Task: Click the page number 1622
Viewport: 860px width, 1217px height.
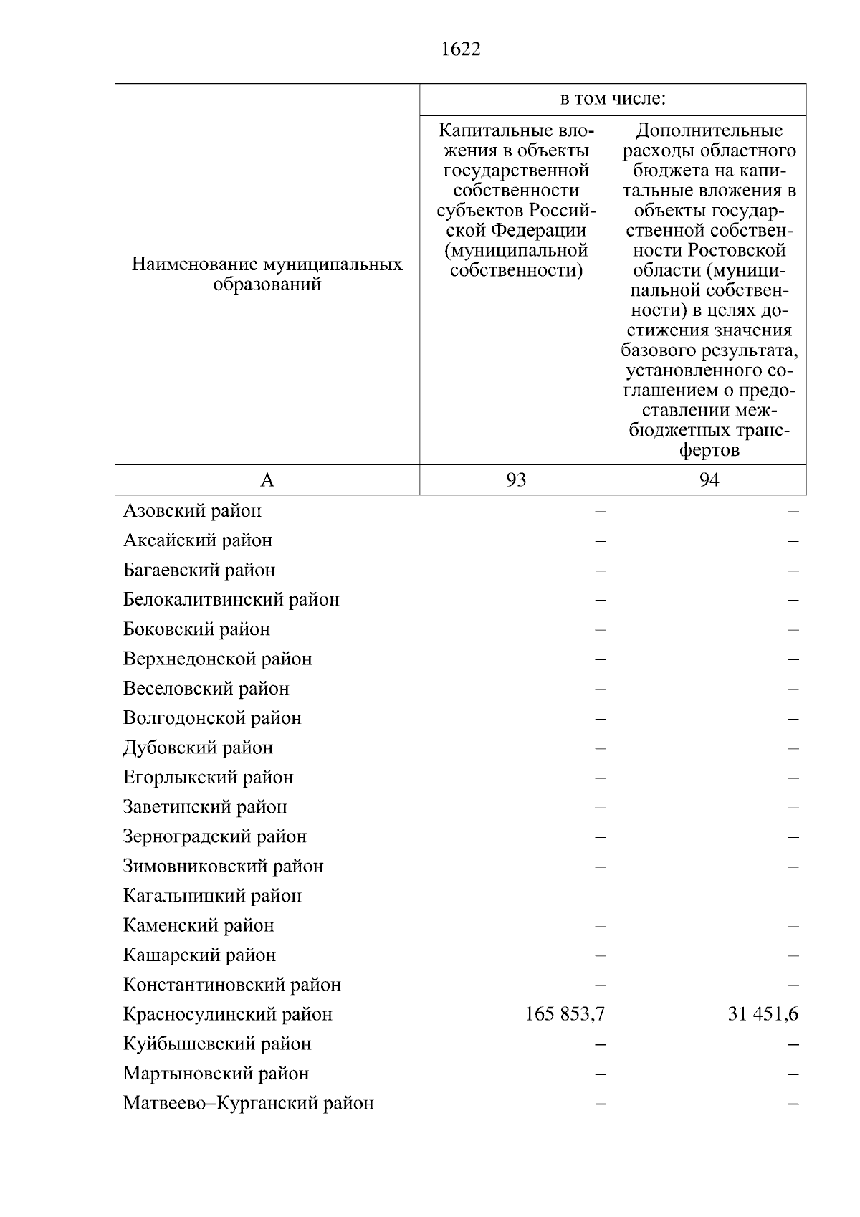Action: coord(462,49)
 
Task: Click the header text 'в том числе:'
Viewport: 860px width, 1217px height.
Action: coord(613,99)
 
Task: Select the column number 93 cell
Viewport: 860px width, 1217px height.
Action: coord(516,480)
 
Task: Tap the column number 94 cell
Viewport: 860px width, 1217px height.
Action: coord(709,480)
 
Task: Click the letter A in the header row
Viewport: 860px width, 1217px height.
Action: coord(267,480)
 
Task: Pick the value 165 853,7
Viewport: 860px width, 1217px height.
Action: coord(565,1014)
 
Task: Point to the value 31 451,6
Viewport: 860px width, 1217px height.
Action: coord(763,1014)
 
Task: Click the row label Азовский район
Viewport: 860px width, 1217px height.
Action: coord(192,511)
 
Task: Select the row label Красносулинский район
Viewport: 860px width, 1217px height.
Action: coord(228,1014)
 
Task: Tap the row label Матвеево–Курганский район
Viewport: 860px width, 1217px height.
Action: coord(248,1103)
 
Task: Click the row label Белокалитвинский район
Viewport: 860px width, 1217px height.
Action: coord(231,599)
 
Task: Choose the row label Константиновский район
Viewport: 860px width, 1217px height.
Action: coord(231,985)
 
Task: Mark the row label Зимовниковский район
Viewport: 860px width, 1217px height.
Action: coord(223,867)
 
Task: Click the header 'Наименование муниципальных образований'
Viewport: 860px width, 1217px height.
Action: coord(267,275)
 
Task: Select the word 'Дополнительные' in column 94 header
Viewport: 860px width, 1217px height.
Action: coord(709,130)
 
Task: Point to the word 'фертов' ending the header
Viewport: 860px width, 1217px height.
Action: coord(709,451)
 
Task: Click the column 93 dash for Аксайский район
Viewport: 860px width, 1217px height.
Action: coord(600,540)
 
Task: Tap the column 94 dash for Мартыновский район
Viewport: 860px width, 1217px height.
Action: coord(793,1074)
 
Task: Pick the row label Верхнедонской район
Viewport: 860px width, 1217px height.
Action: coord(217,659)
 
